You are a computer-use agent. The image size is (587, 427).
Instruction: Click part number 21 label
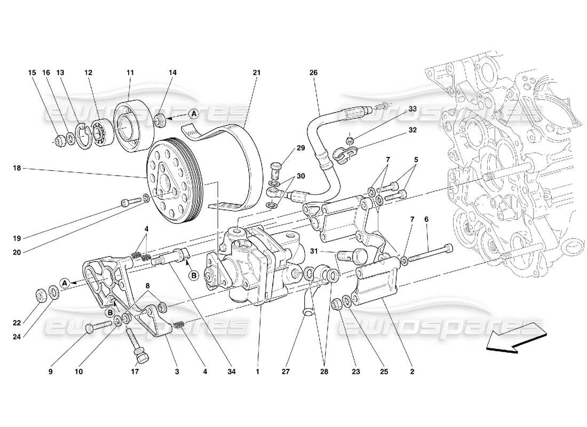click(256, 72)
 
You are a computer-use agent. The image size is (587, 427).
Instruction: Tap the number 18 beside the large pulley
click(17, 168)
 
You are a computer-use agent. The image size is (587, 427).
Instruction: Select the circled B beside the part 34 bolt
click(194, 275)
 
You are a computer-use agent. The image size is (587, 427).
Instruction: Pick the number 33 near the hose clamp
click(413, 109)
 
